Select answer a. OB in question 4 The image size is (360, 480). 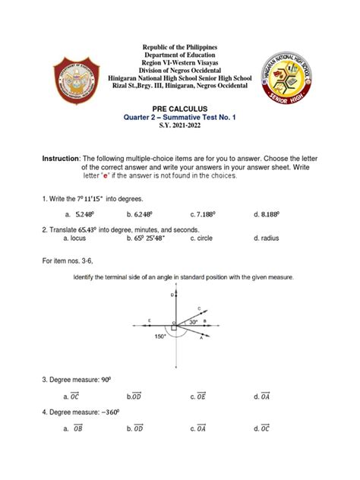click(74, 428)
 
